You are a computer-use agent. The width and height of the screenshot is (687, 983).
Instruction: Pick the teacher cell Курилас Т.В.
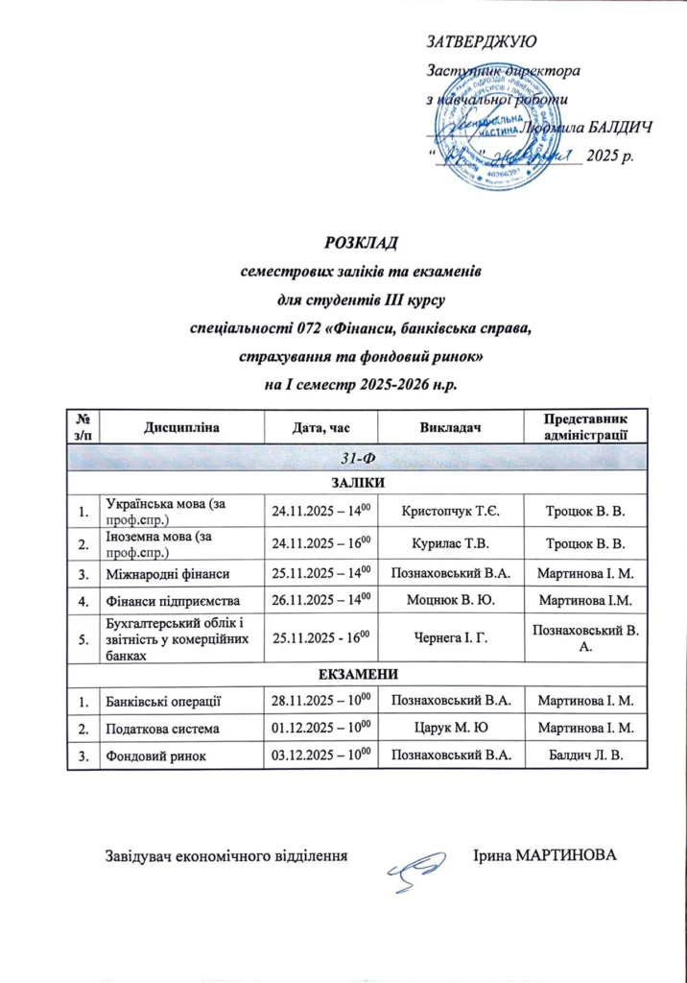(x=450, y=543)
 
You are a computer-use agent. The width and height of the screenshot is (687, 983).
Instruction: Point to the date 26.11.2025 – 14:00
(x=320, y=602)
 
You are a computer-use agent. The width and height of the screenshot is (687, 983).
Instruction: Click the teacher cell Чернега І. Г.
(x=450, y=637)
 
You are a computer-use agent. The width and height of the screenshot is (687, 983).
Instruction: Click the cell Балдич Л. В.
(x=583, y=757)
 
